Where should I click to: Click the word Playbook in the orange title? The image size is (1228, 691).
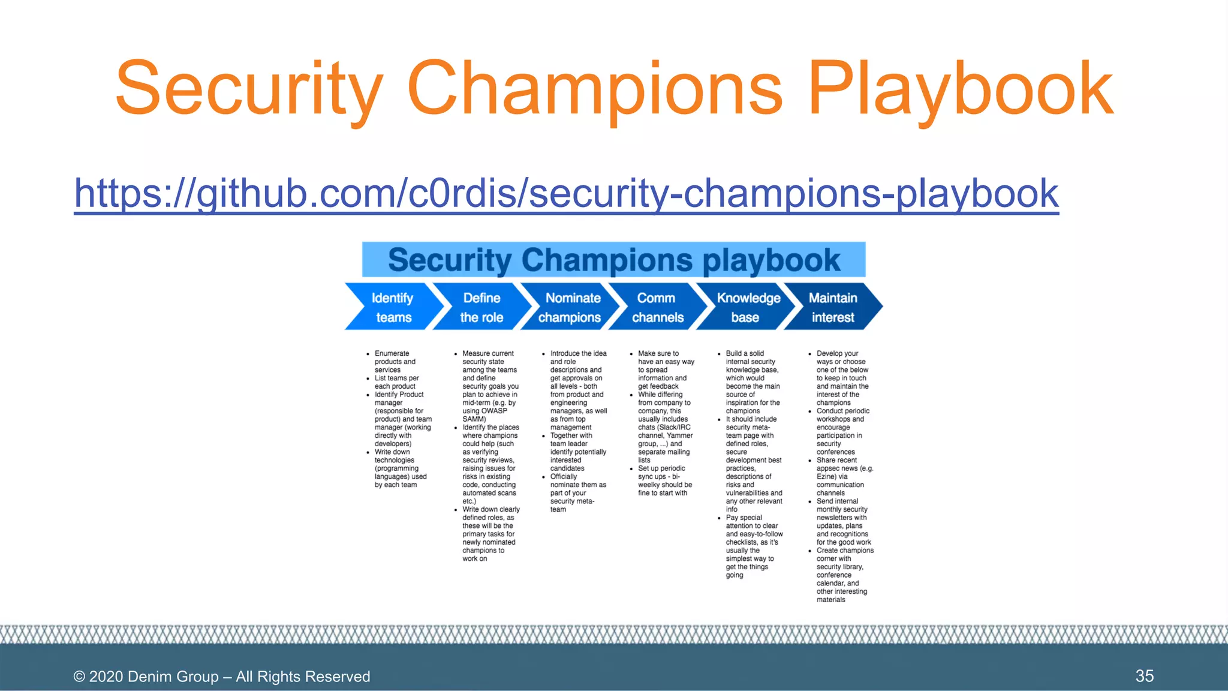point(959,89)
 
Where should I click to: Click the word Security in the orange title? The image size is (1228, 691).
point(249,89)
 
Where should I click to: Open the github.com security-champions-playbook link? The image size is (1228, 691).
point(566,193)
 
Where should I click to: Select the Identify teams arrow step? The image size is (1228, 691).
point(392,307)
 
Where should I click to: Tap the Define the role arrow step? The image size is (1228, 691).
point(481,307)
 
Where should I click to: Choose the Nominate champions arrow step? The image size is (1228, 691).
point(570,307)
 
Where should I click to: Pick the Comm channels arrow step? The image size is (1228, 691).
point(657,307)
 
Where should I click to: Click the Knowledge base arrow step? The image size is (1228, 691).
point(747,307)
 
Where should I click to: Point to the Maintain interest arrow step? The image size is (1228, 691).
point(833,307)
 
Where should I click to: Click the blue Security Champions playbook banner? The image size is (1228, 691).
point(613,260)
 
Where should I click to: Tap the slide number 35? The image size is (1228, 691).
point(1144,676)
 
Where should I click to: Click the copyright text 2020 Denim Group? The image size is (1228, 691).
point(221,677)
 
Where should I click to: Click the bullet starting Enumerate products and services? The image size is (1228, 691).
point(395,362)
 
